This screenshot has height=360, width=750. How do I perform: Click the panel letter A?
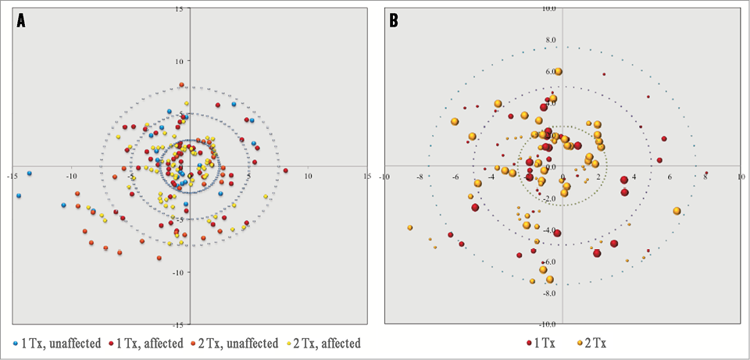coord(22,22)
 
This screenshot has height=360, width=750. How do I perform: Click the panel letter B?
coord(394,22)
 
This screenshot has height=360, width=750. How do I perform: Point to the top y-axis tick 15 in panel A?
coord(180,9)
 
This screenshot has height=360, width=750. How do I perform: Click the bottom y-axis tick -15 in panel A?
coord(179,324)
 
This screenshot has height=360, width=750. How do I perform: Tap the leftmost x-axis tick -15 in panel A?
coord(12,176)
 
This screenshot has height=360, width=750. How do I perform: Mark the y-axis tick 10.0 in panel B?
coord(550,9)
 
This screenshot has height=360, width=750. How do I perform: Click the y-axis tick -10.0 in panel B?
coord(548,324)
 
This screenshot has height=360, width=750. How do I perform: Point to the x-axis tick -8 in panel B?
coord(420,176)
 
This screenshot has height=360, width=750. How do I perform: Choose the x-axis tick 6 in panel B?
coord(670,176)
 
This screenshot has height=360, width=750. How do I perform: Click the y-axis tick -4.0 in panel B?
coord(549,230)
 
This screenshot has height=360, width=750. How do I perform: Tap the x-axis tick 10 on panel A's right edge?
coord(308,176)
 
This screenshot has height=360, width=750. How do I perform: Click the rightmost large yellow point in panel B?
coord(677,211)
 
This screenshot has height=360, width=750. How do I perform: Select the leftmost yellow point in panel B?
coord(409,227)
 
